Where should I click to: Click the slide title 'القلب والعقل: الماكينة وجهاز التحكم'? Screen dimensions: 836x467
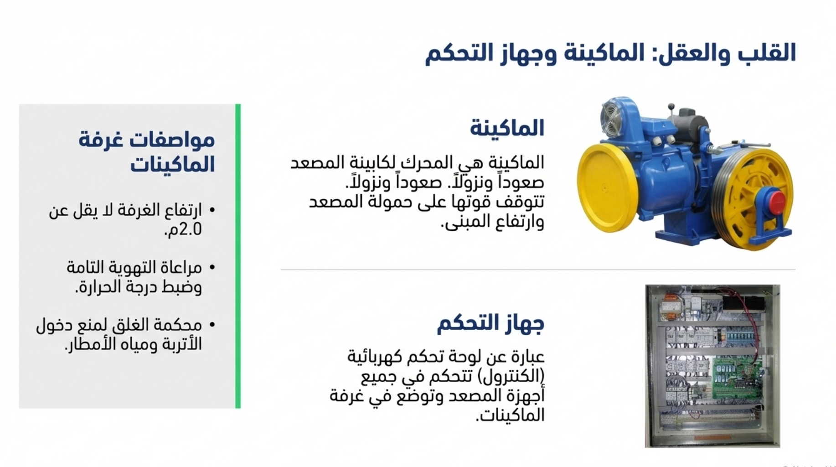coord(610,53)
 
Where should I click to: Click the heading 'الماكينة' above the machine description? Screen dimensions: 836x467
coord(507,129)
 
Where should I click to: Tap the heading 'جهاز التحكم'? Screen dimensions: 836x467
coord(491,324)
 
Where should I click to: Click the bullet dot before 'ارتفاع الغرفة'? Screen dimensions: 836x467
coord(212,210)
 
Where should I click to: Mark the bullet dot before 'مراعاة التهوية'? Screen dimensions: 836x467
coord(212,268)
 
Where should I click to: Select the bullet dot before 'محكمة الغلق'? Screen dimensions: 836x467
coord(212,325)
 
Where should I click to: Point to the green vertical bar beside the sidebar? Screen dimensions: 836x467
coord(238,256)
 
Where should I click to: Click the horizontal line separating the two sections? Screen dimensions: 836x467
coord(538,270)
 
